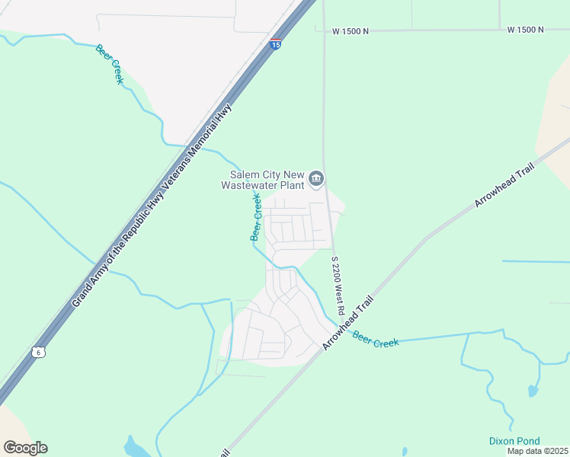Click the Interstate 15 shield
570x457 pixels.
point(276,44)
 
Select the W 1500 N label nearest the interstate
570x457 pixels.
point(351,31)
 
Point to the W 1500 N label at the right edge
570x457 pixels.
point(526,30)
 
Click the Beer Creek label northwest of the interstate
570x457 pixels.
point(109,64)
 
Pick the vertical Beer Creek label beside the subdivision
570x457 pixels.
point(257,217)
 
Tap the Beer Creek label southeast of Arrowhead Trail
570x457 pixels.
point(376,338)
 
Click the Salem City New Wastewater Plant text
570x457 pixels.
point(262,180)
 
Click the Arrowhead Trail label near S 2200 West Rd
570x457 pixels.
point(349,321)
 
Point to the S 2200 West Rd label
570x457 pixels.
point(338,286)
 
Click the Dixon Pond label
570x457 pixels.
point(514,441)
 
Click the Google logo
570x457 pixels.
point(25,448)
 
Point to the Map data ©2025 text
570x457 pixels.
point(537,451)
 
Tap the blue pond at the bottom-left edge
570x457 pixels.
point(136,447)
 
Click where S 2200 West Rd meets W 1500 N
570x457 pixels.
point(324,30)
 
